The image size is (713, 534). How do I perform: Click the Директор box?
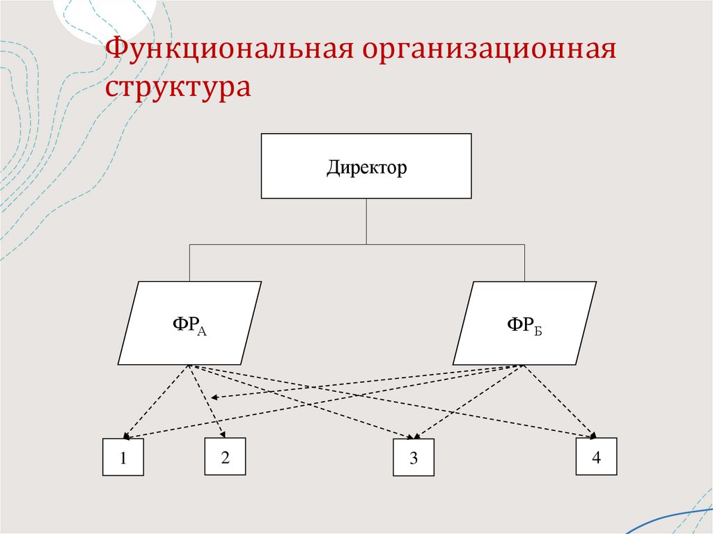tap(366, 167)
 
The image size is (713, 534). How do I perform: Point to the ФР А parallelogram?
tap(189, 323)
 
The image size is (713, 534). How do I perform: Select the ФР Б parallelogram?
tap(524, 324)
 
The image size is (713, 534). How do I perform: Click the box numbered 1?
tap(123, 457)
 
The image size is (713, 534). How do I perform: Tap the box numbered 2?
tap(224, 457)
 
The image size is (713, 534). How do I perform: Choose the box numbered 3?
tap(413, 458)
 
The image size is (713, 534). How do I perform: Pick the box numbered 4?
tap(596, 457)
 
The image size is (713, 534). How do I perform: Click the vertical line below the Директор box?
tap(366, 221)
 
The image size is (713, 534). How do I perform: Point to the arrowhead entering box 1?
tap(126, 436)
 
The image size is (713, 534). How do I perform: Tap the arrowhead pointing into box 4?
tap(593, 435)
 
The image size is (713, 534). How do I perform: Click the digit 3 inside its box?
tap(413, 459)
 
